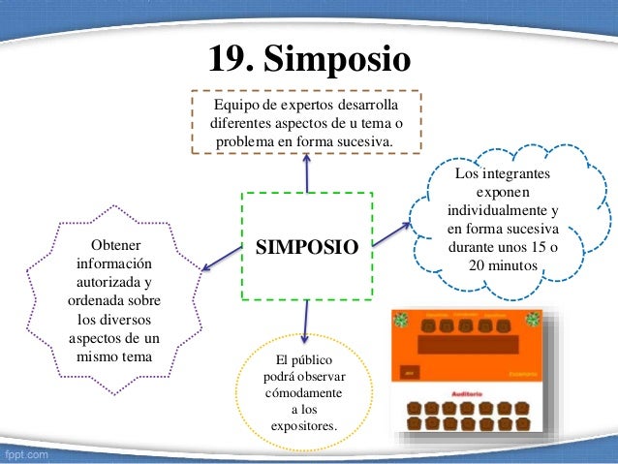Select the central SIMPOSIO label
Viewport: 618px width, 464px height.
point(306,247)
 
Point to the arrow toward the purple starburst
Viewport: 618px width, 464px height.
point(222,257)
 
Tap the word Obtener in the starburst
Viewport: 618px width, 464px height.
point(112,244)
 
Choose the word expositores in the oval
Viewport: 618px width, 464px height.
point(304,425)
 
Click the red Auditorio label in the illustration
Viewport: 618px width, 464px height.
point(467,394)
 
